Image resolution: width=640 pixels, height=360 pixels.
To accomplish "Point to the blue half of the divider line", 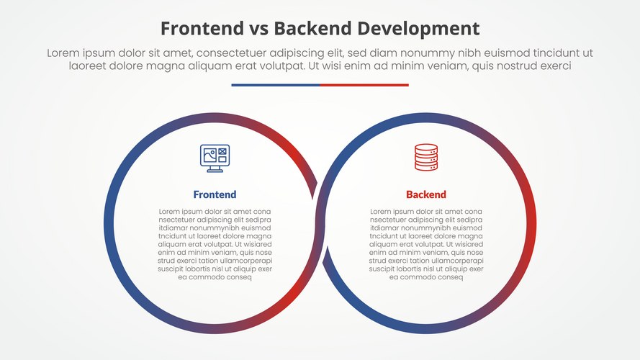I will coord(275,85).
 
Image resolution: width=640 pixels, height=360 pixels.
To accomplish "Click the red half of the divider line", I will coord(364,85).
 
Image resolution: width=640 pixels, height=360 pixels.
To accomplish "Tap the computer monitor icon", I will coord(214,158).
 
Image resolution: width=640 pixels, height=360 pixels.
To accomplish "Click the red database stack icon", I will coord(425,158).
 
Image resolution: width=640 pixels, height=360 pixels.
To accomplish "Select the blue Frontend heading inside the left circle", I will coord(215,194).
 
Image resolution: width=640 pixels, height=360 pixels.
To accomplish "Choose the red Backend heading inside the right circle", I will coord(425,194).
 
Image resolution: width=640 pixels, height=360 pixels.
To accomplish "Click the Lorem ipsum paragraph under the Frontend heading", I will coord(215,244).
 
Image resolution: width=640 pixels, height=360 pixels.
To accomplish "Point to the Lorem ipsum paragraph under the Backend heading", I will coord(425,244).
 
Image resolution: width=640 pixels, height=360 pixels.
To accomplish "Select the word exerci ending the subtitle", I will coord(552,66).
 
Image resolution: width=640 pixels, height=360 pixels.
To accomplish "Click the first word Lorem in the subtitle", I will coord(64,53).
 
